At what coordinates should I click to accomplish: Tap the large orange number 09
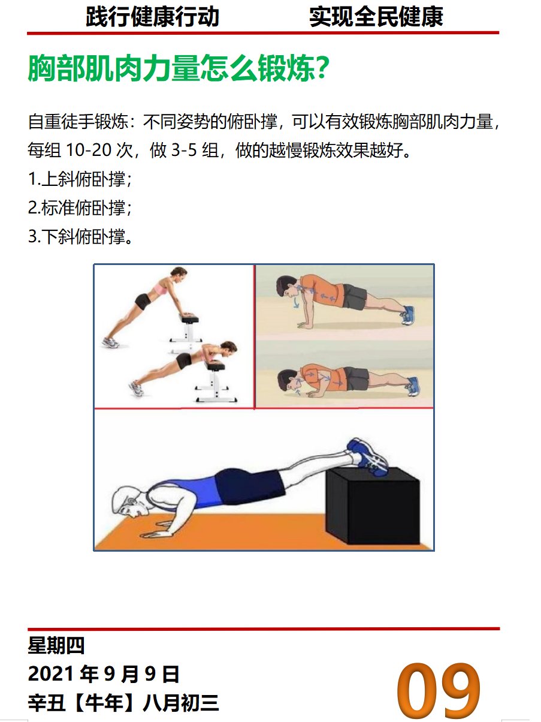point(439,690)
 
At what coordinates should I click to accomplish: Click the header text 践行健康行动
point(152,17)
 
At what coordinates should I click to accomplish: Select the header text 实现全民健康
point(376,17)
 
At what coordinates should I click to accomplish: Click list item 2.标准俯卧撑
point(80,208)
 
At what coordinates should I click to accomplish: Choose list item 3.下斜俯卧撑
point(80,237)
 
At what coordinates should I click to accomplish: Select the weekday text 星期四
point(56,646)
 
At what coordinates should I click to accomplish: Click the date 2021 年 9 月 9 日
point(103,675)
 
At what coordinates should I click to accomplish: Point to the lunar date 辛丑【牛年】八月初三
point(123,703)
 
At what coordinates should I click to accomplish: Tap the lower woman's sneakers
point(135,389)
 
